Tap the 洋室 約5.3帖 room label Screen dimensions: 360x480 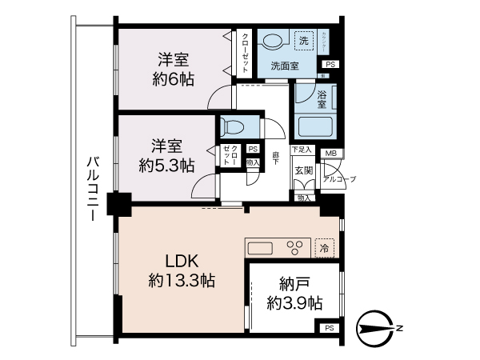[x=166, y=156]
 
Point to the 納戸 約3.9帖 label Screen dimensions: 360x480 [x=294, y=294]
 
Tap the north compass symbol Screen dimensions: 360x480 [x=376, y=327]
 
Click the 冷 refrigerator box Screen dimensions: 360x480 [x=325, y=248]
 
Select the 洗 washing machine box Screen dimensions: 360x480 [x=303, y=40]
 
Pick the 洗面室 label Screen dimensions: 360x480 [x=284, y=66]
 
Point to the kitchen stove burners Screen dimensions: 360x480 [x=295, y=247]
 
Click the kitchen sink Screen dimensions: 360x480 [x=261, y=247]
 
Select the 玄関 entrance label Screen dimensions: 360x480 [x=303, y=171]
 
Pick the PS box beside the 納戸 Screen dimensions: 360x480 [x=329, y=329]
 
